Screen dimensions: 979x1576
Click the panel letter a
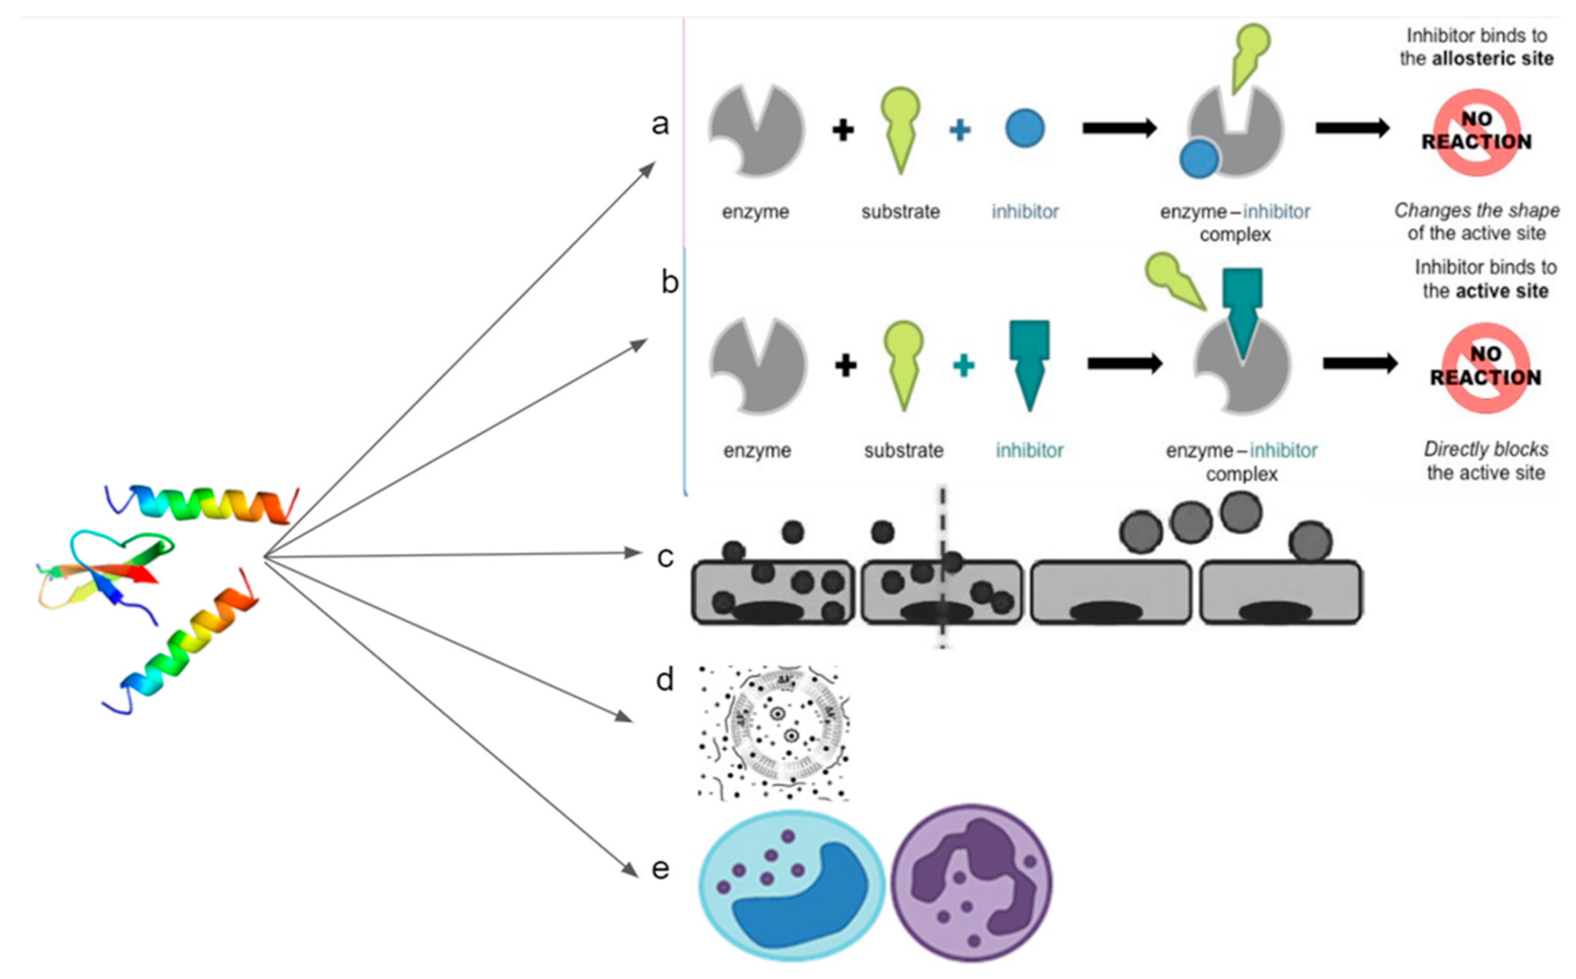point(660,123)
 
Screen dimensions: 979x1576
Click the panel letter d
point(665,680)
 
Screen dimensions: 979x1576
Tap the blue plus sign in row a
point(960,130)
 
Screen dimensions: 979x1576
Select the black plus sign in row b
point(846,365)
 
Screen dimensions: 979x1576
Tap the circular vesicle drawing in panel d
point(774,732)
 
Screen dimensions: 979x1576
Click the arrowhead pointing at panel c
point(633,552)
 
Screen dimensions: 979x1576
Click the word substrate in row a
point(900,212)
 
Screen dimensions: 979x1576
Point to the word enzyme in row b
point(757,450)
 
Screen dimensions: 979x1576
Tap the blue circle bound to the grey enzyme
point(1198,159)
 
